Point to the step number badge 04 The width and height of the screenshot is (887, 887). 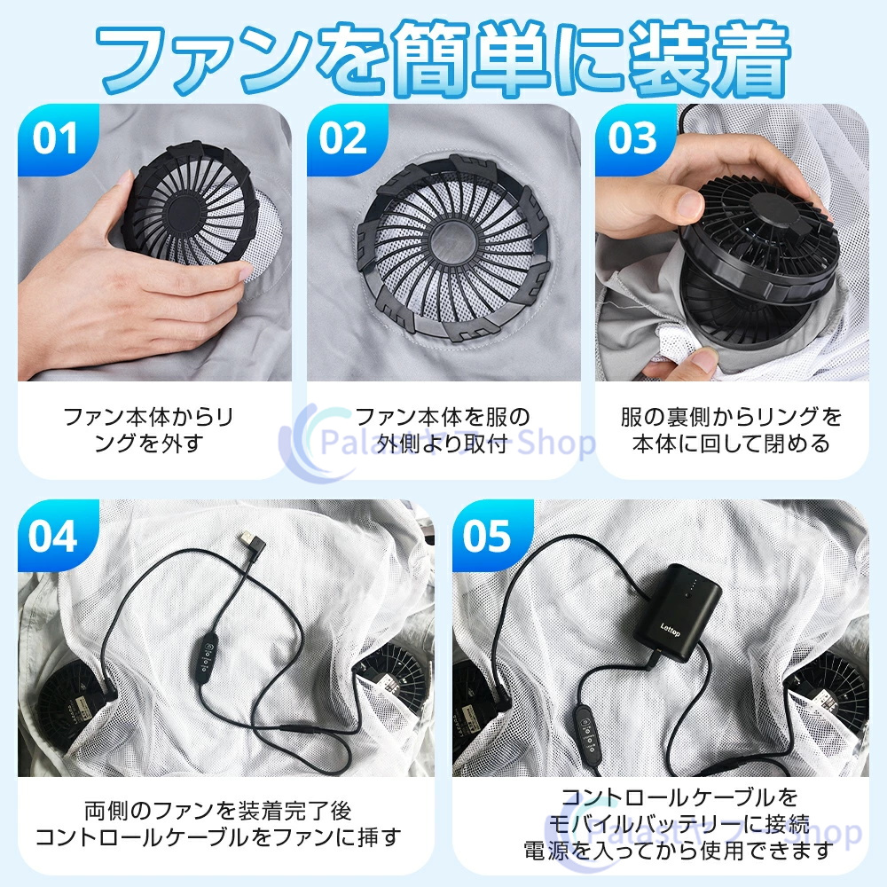click(x=55, y=536)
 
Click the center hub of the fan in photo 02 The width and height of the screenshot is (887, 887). click(x=452, y=241)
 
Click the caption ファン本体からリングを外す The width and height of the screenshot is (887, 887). click(x=149, y=430)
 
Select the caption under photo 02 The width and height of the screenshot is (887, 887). click(x=443, y=430)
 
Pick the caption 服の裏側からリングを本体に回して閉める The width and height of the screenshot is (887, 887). click(x=731, y=430)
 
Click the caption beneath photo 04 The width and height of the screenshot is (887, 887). click(x=218, y=824)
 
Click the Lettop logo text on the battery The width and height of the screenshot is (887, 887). click(x=671, y=630)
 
